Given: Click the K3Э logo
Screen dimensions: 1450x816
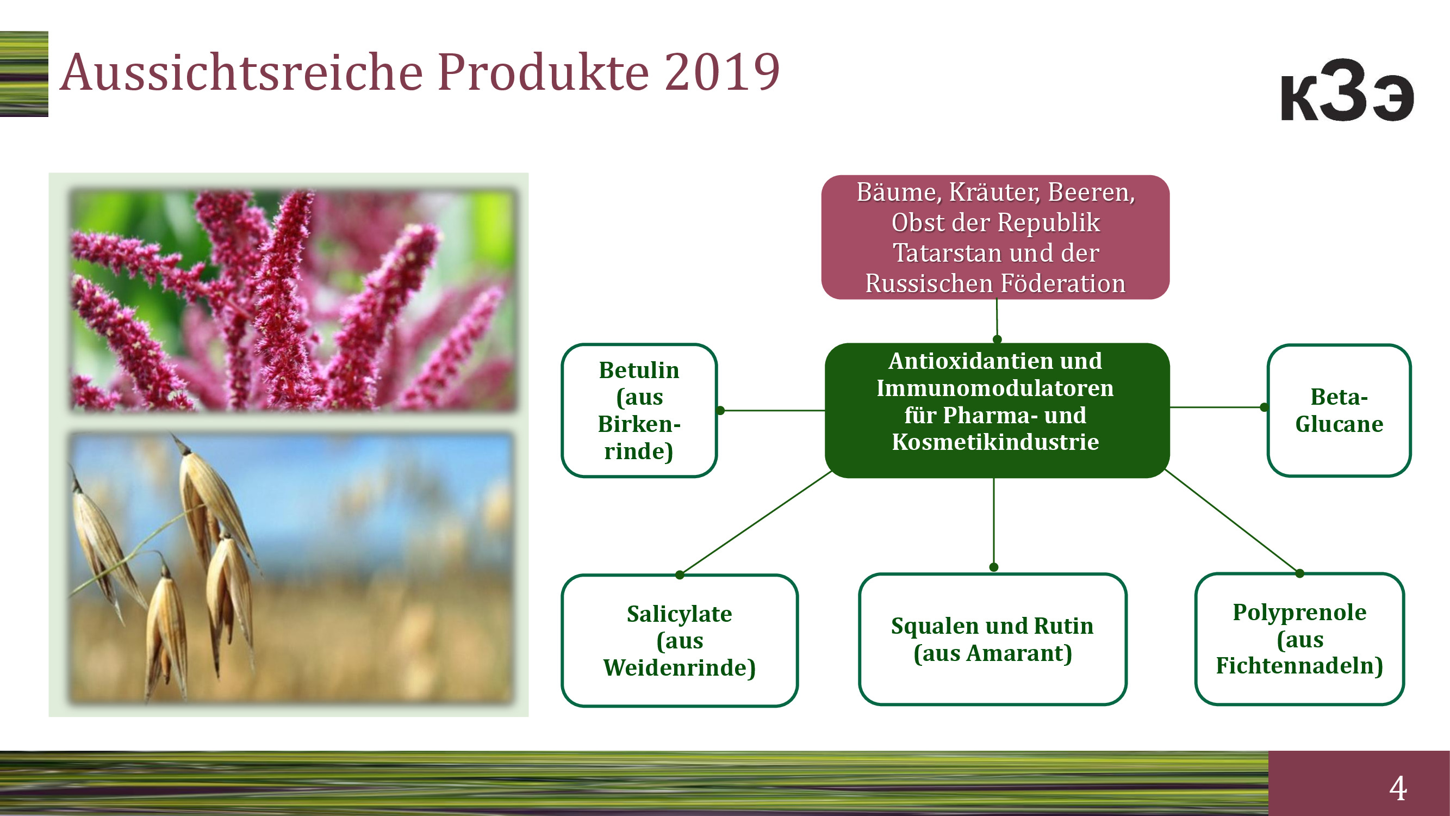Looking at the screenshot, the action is click(x=1347, y=90).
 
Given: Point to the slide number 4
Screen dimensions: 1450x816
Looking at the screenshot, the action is click(x=1398, y=788).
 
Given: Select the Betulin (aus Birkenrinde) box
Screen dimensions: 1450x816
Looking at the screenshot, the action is click(x=639, y=411).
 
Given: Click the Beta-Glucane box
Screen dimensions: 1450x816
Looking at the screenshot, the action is click(x=1339, y=411).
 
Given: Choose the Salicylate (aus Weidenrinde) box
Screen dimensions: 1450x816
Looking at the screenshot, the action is click(x=680, y=640).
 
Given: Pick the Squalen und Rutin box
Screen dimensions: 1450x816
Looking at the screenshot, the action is click(x=992, y=639).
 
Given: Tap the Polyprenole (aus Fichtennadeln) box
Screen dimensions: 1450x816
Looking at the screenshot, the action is click(x=1300, y=639).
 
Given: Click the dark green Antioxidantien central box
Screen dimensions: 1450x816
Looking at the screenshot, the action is click(x=997, y=411).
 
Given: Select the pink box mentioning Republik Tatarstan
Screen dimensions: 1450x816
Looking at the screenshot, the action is click(x=995, y=237).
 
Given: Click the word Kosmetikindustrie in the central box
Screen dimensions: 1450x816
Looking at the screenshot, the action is click(x=995, y=442).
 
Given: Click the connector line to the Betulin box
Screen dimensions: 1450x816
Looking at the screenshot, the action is click(x=772, y=411).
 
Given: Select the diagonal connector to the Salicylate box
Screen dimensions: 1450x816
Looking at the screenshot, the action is click(x=755, y=523).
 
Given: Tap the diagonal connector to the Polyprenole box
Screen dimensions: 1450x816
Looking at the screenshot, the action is click(x=1232, y=522).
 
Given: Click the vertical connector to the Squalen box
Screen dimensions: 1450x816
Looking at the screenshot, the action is click(x=994, y=523).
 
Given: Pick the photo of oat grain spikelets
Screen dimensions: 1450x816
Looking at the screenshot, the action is click(x=291, y=567).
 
